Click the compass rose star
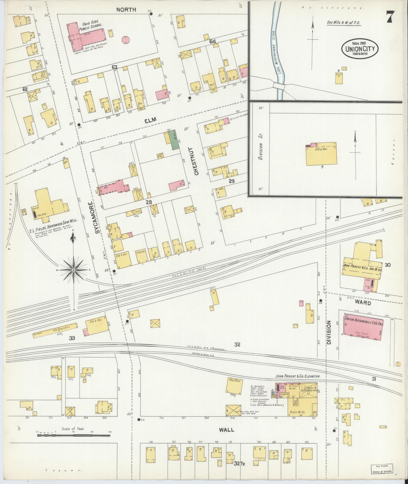pyautogui.click(x=73, y=270)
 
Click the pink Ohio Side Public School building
pyautogui.click(x=86, y=35)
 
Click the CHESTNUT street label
pyautogui.click(x=197, y=161)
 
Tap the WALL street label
pyautogui.click(x=226, y=430)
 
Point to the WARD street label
pyautogui.click(x=362, y=303)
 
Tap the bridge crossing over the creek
pyautogui.click(x=279, y=86)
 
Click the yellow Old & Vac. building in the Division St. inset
pyautogui.click(x=321, y=156)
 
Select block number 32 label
pyautogui.click(x=237, y=344)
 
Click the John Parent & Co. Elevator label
pyautogui.click(x=298, y=376)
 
